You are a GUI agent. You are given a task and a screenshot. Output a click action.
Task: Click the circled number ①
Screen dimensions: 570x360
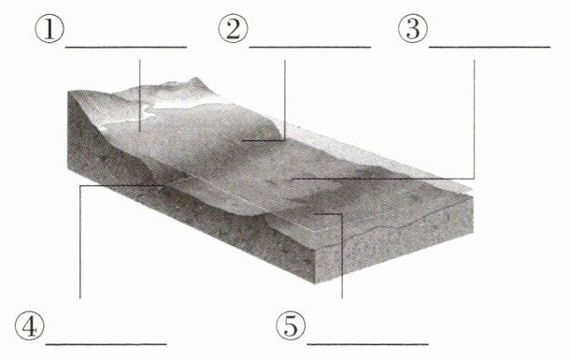pos(50,29)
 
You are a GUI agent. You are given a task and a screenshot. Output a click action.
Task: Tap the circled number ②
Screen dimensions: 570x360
pos(233,29)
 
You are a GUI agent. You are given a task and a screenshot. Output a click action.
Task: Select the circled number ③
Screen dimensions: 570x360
pos(413,29)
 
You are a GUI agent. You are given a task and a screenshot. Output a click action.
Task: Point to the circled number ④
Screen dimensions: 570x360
pos(30,325)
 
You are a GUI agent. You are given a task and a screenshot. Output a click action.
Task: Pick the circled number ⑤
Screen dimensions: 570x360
pos(291,325)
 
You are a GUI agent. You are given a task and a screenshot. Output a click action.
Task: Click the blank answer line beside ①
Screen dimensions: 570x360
pos(126,47)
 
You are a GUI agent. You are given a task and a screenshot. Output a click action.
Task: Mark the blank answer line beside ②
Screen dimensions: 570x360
pos(309,47)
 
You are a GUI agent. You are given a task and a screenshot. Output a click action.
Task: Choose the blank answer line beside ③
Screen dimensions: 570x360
pos(490,47)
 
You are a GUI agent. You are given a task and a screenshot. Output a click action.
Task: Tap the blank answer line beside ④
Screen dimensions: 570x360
pos(107,344)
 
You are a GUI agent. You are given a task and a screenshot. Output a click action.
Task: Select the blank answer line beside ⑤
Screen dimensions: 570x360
pos(367,344)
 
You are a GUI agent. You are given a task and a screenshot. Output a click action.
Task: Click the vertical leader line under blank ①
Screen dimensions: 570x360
pos(139,95)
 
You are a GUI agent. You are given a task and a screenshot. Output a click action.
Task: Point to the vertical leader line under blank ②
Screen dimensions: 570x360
pos(285,100)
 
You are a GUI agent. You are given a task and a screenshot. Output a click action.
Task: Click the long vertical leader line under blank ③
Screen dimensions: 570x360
pos(474,120)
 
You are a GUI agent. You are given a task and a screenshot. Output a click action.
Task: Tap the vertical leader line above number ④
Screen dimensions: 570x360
pos(80,242)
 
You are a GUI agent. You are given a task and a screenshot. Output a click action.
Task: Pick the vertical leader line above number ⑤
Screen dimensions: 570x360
pos(342,256)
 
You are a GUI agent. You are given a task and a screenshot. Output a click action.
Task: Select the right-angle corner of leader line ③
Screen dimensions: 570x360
pos(474,179)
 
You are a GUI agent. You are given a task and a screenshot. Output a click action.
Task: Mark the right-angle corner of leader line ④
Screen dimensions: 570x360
pos(80,186)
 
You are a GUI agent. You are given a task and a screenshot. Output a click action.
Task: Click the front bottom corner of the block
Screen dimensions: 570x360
pos(315,283)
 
